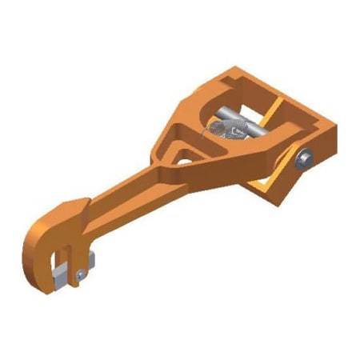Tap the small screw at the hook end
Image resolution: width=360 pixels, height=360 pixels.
79,275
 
